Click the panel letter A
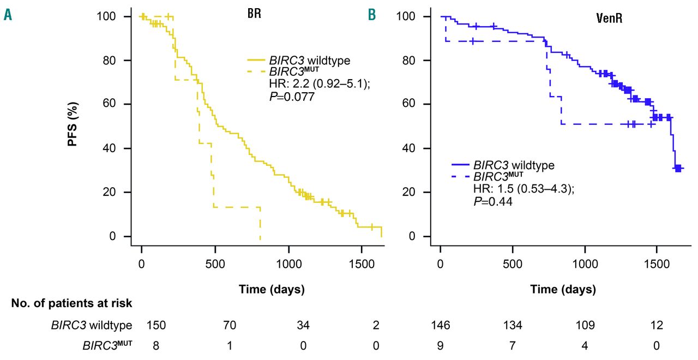8,15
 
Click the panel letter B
372,15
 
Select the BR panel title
254,14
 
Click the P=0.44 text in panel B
492,200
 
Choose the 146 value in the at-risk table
441,326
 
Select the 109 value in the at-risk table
585,326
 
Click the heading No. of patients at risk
71,303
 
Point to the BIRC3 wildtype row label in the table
92,326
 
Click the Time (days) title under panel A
272,289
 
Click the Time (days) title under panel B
563,289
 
